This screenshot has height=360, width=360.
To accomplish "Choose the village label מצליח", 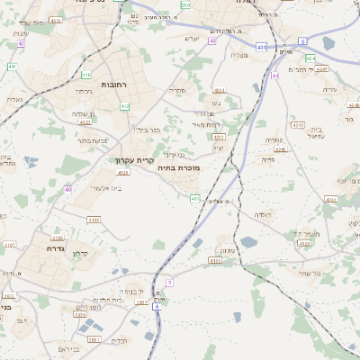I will tap(239, 56).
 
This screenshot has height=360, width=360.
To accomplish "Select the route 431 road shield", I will tap(261, 45).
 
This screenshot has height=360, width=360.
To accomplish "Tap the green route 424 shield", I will tap(310, 58).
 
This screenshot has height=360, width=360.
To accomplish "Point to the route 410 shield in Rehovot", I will tap(86, 75).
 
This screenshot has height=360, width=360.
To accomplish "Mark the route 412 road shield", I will tap(124, 106).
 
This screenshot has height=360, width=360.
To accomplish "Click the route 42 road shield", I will tap(21, 43).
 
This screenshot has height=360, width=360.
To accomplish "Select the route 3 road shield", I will tap(168, 283).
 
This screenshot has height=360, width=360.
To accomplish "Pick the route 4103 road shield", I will tap(94, 219).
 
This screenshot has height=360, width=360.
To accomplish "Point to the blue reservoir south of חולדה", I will tap(249, 241).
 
